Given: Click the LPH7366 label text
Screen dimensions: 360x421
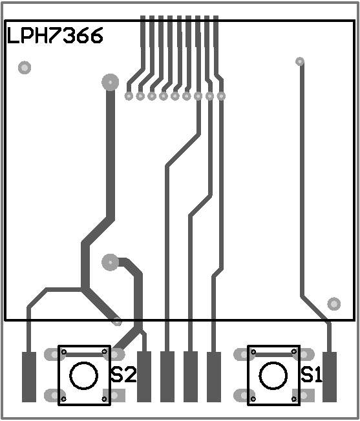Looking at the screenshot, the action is [x=55, y=36].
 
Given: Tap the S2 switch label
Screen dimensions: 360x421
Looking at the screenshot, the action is [x=123, y=375].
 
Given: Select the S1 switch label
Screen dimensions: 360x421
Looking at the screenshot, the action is [x=312, y=375].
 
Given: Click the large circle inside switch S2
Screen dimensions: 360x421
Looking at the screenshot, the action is [x=83, y=376].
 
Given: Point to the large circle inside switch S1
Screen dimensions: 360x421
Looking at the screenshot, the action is [x=273, y=376].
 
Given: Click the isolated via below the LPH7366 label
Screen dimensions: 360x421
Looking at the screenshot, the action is [x=25, y=67].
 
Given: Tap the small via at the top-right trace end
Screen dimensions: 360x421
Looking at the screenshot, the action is [x=300, y=61].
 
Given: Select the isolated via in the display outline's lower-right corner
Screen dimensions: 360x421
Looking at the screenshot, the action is [x=334, y=304].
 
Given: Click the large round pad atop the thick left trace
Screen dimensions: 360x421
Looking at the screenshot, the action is [x=111, y=82].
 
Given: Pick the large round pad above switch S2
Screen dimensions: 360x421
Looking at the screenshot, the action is [x=111, y=262].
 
